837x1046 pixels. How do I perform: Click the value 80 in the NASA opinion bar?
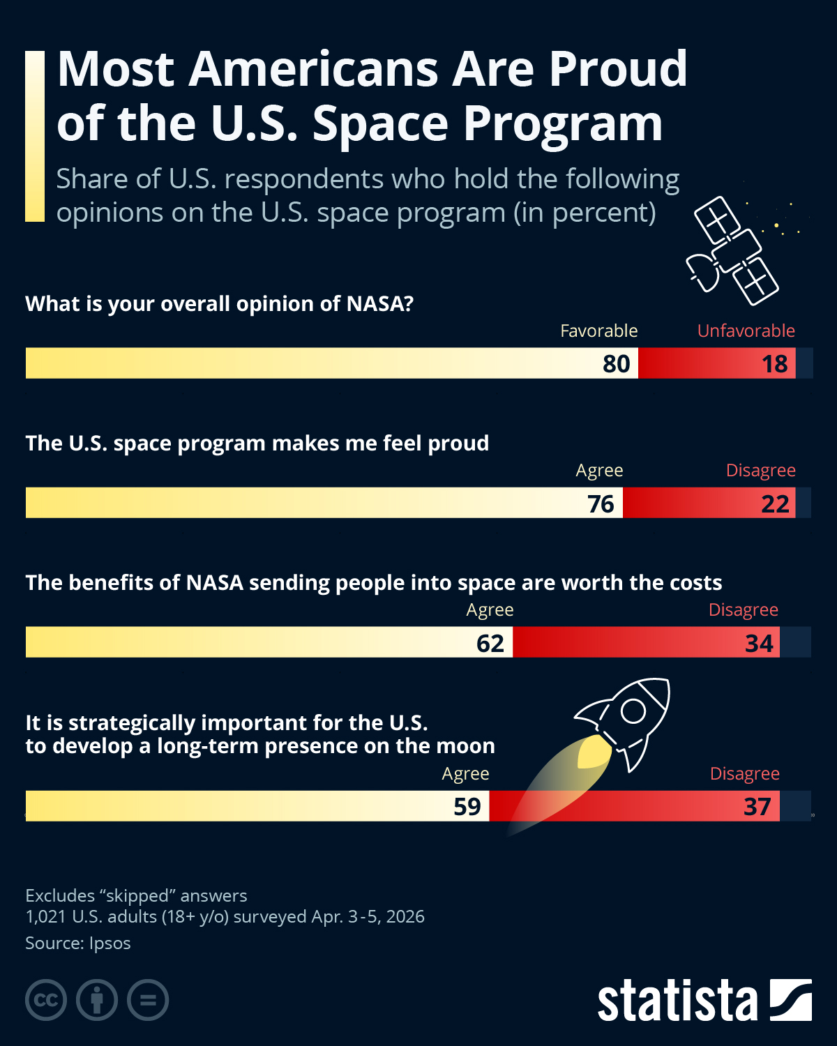click(616, 364)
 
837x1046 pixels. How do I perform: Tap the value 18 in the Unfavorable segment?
click(774, 364)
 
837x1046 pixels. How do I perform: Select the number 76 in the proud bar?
click(601, 503)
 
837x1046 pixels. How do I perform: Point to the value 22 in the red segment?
click(774, 503)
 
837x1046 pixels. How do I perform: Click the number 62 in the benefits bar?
click(490, 643)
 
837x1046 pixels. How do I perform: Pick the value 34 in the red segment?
click(759, 643)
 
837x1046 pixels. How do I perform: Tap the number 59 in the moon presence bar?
click(467, 807)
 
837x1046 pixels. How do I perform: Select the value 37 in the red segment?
click(757, 807)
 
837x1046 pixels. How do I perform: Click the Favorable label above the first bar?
click(598, 331)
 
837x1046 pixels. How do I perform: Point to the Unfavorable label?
click(746, 331)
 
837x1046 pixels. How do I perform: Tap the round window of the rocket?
click(633, 711)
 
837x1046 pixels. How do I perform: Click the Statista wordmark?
click(677, 1001)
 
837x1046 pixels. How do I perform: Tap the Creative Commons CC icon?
click(46, 1000)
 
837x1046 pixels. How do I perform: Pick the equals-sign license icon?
click(148, 1000)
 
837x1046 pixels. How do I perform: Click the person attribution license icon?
click(97, 1000)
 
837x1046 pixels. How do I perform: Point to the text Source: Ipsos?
click(78, 943)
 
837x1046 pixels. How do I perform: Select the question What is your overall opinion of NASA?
click(220, 304)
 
